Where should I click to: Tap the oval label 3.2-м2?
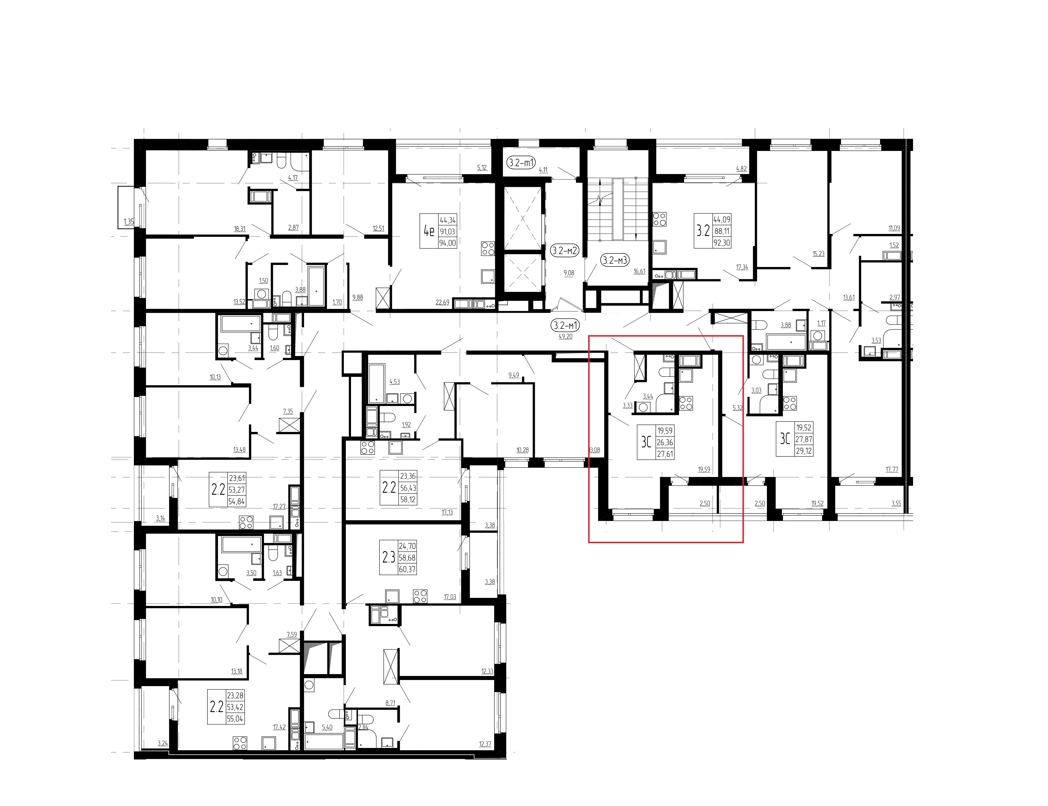click(x=565, y=250)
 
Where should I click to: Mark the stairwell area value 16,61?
click(x=639, y=272)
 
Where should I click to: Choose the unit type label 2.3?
click(x=389, y=557)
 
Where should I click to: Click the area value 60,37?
click(x=407, y=569)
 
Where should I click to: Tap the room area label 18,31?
click(x=240, y=229)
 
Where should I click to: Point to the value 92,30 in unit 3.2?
click(x=722, y=243)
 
